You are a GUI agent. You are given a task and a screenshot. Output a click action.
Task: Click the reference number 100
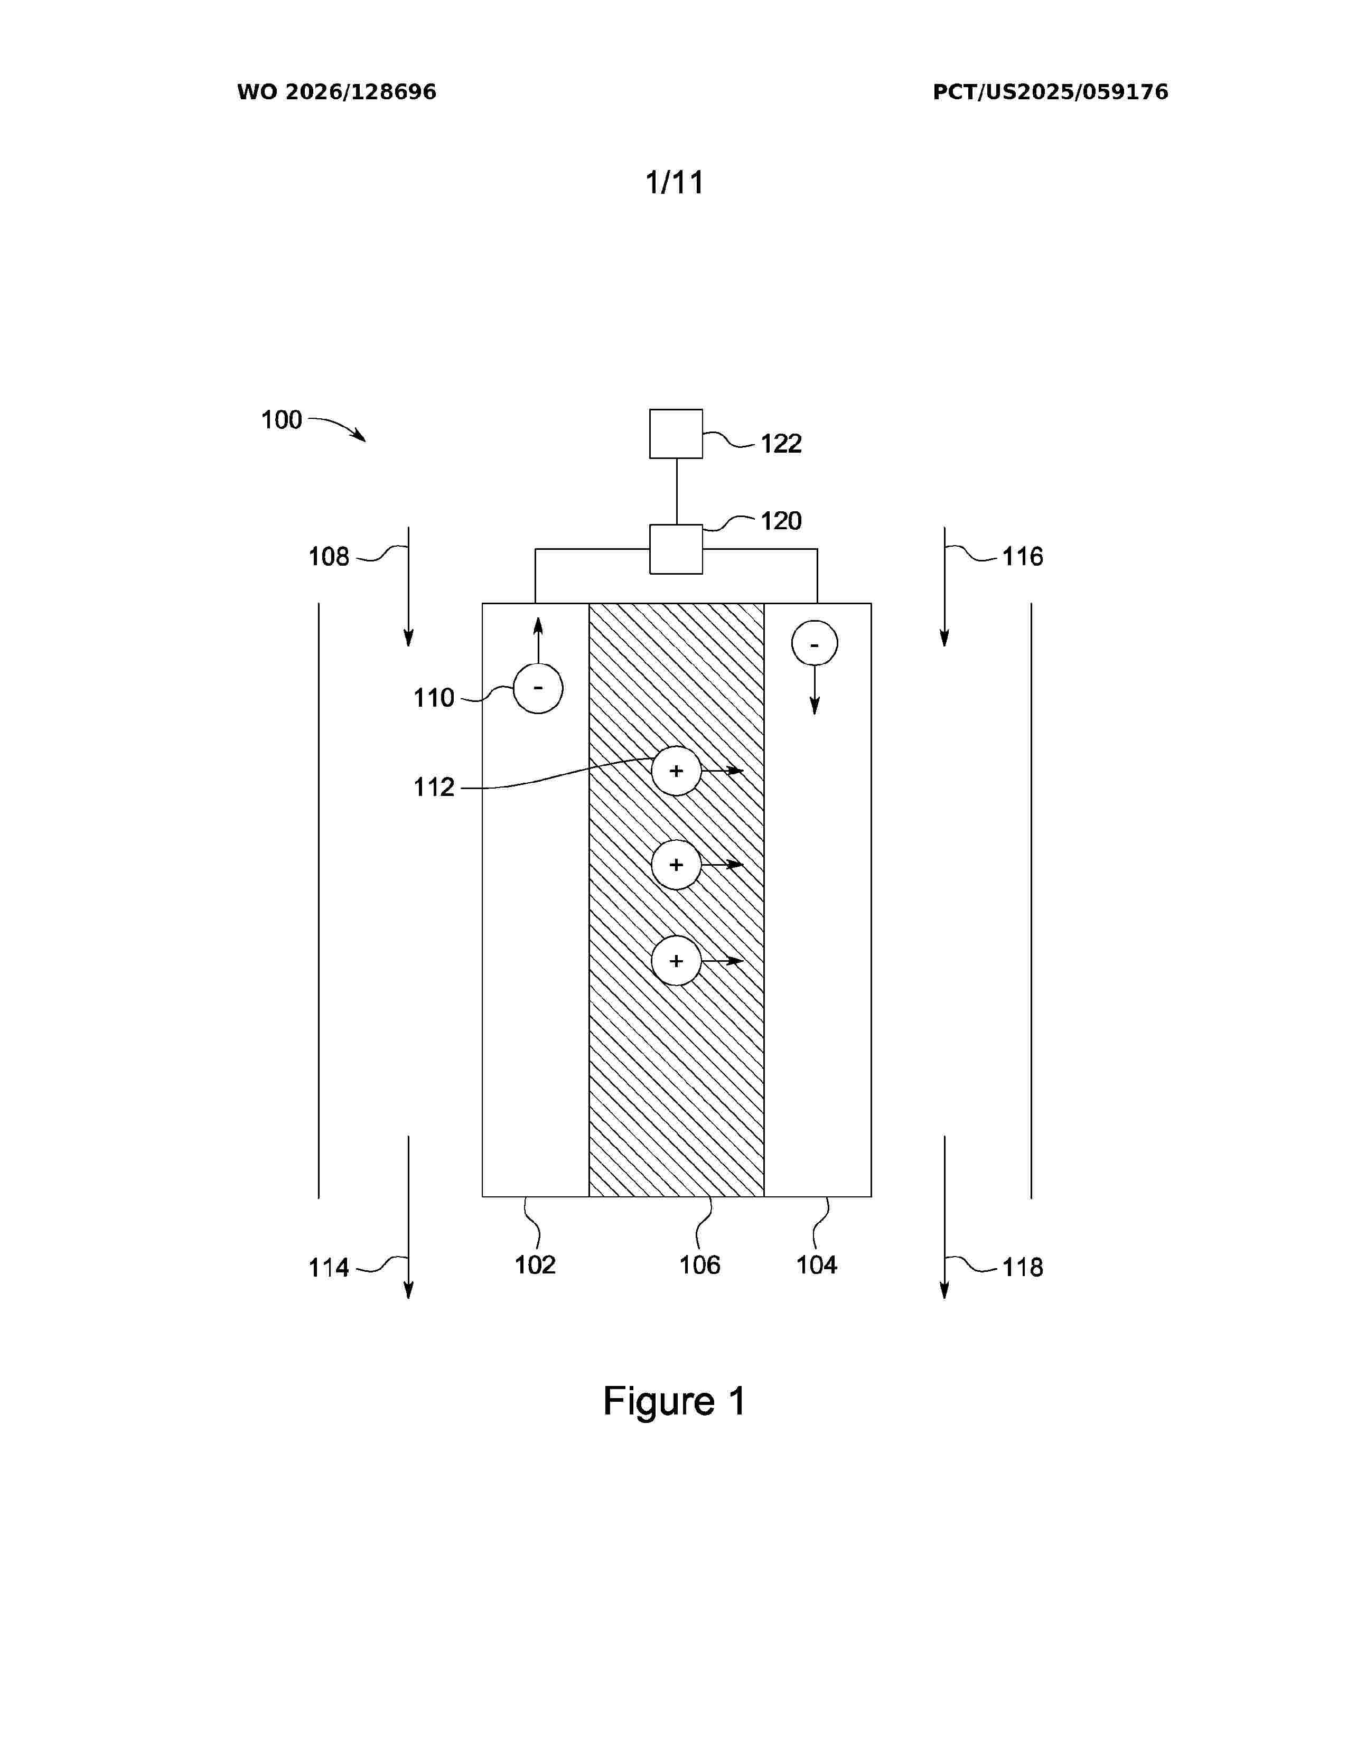pyautogui.click(x=282, y=420)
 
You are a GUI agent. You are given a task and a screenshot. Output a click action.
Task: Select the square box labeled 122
pyautogui.click(x=676, y=433)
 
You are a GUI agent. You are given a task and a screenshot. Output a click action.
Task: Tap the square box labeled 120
pyautogui.click(x=676, y=549)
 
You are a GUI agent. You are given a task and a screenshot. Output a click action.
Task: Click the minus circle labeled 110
pyautogui.click(x=538, y=688)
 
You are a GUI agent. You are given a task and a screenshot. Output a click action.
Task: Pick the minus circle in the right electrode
pyautogui.click(x=815, y=644)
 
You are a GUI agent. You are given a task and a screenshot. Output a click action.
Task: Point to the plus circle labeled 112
pyautogui.click(x=677, y=771)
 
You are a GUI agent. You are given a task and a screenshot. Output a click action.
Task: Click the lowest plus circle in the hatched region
pyautogui.click(x=677, y=960)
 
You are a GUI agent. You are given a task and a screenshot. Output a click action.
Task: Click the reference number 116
pyautogui.click(x=1022, y=556)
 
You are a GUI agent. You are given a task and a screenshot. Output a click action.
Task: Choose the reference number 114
pyautogui.click(x=329, y=1267)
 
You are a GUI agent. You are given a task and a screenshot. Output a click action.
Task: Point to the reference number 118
pyautogui.click(x=1022, y=1267)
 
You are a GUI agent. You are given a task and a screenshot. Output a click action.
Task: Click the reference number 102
pyautogui.click(x=535, y=1265)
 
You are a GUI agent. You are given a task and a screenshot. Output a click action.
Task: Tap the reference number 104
pyautogui.click(x=816, y=1265)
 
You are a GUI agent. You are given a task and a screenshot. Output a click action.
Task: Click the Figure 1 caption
pyautogui.click(x=675, y=1401)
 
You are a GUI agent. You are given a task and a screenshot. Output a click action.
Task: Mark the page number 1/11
pyautogui.click(x=675, y=182)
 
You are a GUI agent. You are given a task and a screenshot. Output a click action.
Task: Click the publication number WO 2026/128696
pyautogui.click(x=337, y=92)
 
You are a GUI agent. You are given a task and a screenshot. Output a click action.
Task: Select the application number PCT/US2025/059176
pyautogui.click(x=1050, y=92)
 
